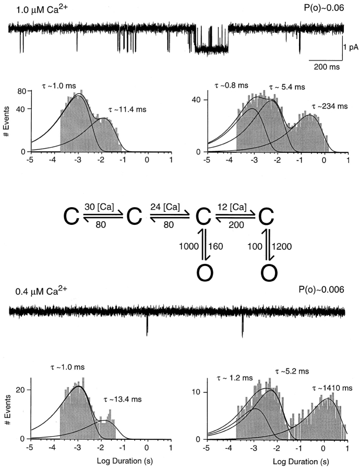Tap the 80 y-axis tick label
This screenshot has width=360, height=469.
pos(21,91)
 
